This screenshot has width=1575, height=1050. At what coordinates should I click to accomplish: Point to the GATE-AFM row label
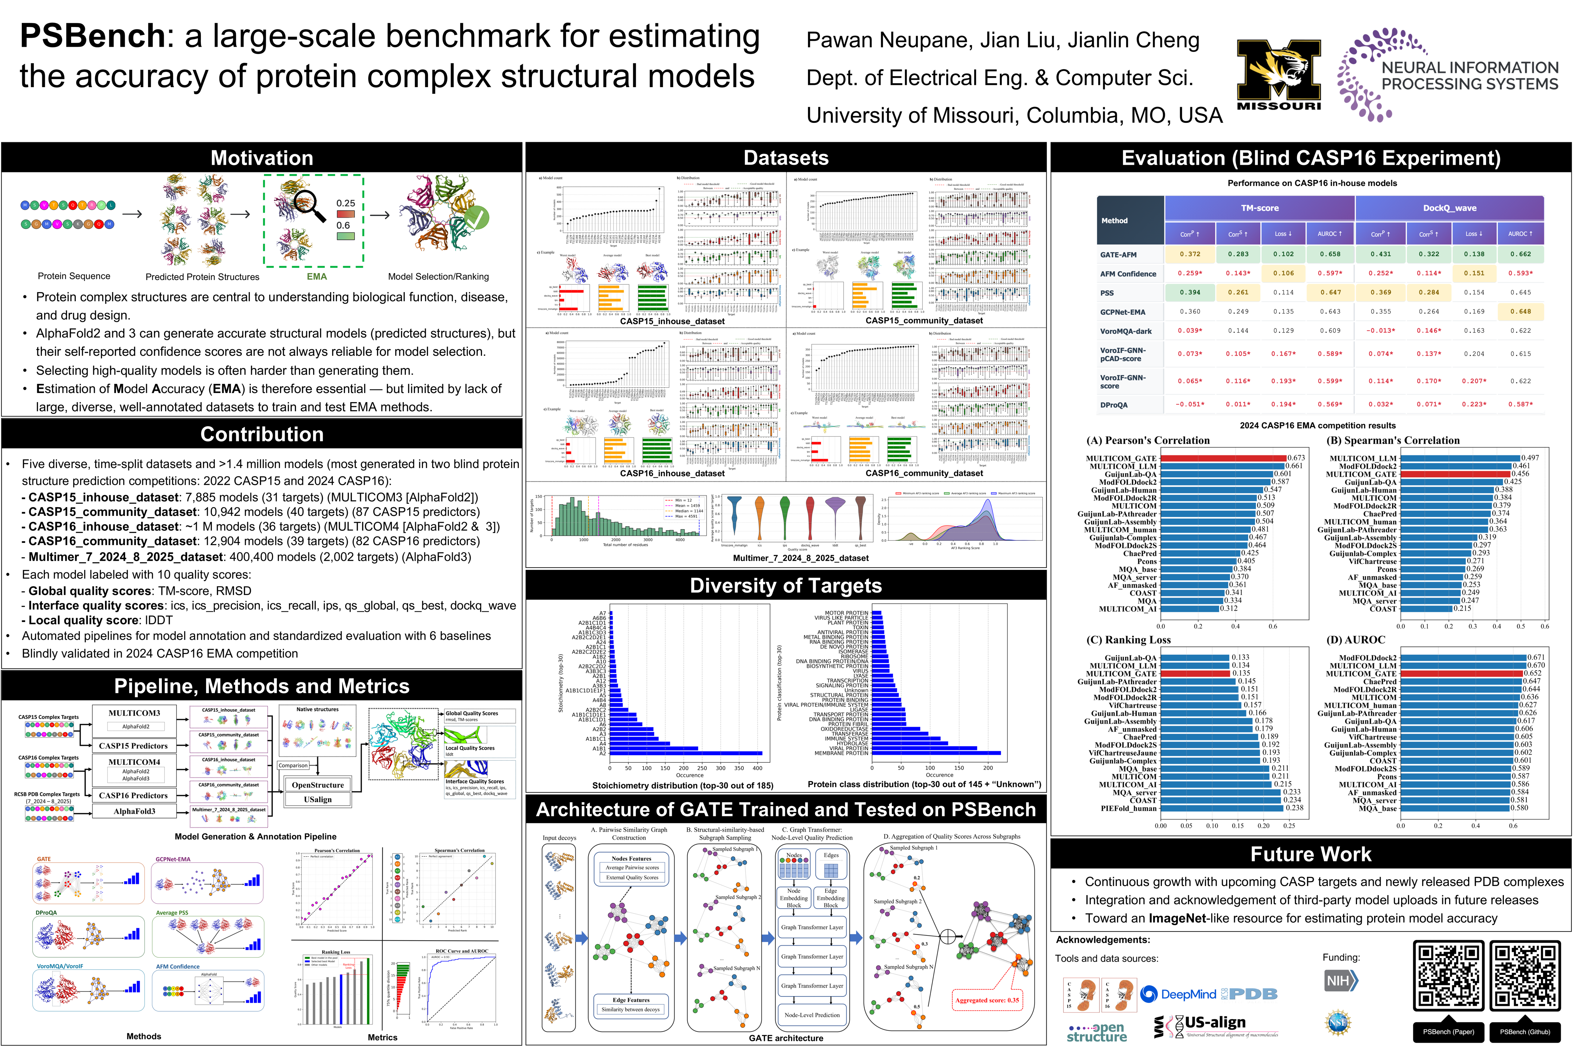click(1118, 254)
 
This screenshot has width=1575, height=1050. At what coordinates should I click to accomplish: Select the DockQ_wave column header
click(1449, 208)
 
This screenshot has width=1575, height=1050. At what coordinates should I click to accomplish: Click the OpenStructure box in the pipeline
click(318, 785)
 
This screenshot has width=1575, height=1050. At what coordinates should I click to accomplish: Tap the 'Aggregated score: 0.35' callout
click(987, 1000)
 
